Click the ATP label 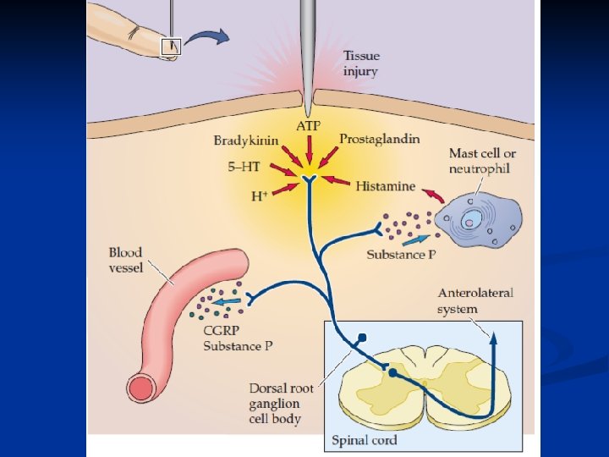(308, 126)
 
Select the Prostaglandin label (379, 139)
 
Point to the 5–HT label (245, 168)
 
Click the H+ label (261, 196)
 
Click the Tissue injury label (360, 64)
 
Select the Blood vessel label (125, 260)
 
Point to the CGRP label (218, 331)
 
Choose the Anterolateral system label (475, 300)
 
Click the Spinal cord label (365, 440)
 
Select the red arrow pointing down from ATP (308, 150)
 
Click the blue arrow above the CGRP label (225, 300)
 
